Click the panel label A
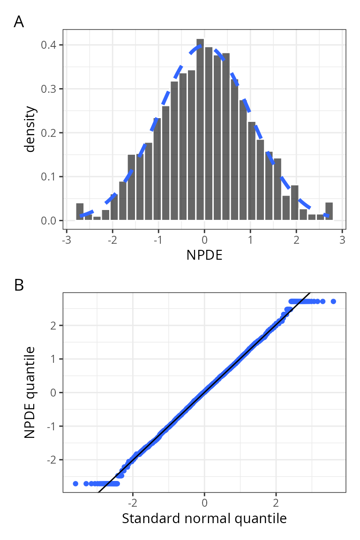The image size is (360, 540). pos(19,22)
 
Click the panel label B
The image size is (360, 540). pos(19,285)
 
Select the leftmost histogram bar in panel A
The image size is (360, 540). pos(80,212)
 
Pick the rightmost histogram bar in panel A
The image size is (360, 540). pos(329,211)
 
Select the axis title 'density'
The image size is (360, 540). pos(30,129)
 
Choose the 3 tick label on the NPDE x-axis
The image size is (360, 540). pos(343,239)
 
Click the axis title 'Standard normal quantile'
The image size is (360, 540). pos(204,518)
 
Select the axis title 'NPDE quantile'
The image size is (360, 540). pos(30,392)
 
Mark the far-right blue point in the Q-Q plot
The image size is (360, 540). pos(333,301)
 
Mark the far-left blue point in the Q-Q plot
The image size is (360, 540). pos(75,483)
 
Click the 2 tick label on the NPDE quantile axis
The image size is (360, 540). pos(54,325)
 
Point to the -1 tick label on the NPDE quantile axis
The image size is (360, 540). pos(52,426)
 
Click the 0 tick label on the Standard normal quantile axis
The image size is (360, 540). pos(204,502)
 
